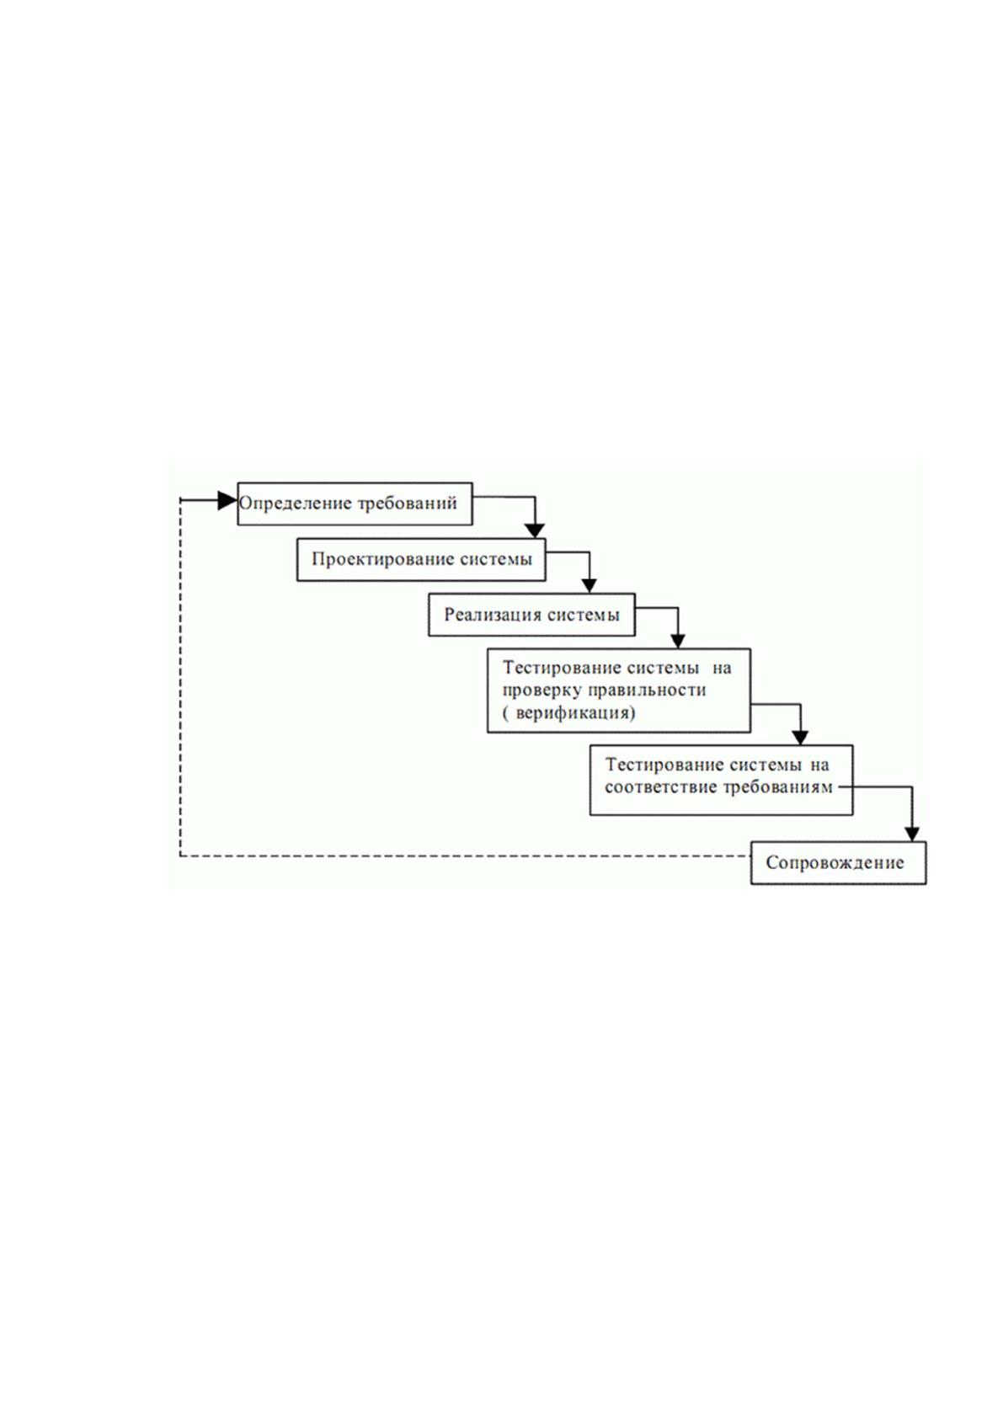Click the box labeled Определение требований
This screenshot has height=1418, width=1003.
click(355, 504)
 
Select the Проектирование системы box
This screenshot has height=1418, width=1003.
click(421, 560)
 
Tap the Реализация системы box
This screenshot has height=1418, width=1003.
click(532, 615)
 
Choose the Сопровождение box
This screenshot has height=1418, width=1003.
click(839, 863)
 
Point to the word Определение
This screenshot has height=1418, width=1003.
click(295, 504)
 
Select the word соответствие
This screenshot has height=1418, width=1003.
click(660, 787)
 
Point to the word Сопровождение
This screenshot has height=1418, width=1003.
click(835, 863)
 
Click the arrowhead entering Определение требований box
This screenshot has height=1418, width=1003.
click(227, 501)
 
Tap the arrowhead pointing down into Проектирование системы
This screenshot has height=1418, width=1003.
click(536, 530)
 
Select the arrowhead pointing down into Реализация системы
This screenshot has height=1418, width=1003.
click(590, 586)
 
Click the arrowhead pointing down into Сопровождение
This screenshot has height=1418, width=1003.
click(912, 834)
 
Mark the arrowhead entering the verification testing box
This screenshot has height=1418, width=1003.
click(678, 642)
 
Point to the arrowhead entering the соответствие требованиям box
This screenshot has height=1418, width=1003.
click(800, 738)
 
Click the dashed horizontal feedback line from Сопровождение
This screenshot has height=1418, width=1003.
click(466, 856)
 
